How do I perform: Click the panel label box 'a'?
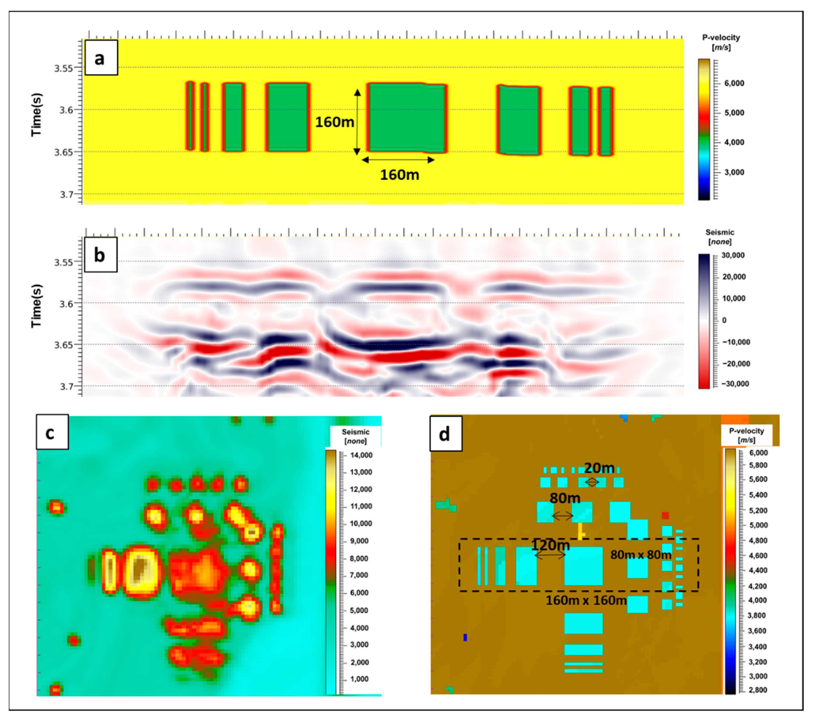101,58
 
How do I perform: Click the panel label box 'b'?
101,255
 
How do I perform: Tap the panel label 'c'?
52,432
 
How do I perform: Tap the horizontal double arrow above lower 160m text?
398,160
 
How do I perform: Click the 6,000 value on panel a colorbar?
734,83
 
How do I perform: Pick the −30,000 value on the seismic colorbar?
735,384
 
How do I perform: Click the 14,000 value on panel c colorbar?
361,455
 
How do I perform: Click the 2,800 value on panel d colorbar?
757,690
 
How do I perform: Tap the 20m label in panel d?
599,469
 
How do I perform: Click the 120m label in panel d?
551,545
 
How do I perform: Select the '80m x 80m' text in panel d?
641,555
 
